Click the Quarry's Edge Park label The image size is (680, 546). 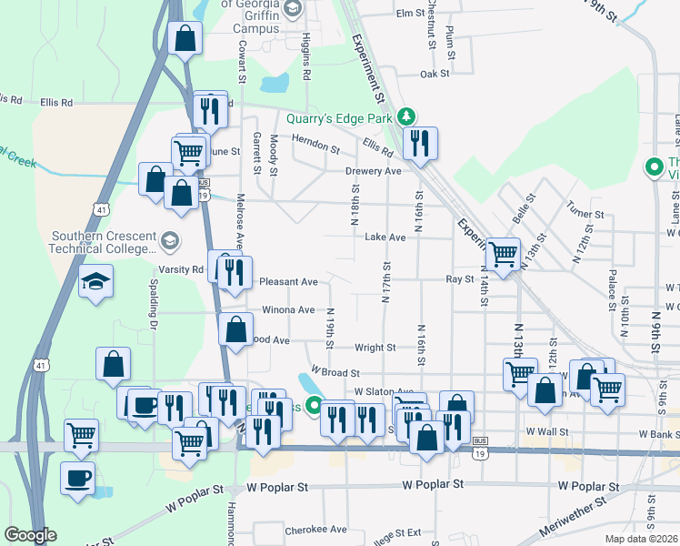pyautogui.click(x=338, y=117)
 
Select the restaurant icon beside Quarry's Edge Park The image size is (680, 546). pyautogui.click(x=420, y=143)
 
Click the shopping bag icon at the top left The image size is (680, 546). pyautogui.click(x=185, y=39)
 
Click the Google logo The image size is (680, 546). pyautogui.click(x=30, y=535)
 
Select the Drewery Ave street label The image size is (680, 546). pyautogui.click(x=373, y=171)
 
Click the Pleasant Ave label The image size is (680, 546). pyautogui.click(x=288, y=282)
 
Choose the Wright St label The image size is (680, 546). pyautogui.click(x=375, y=348)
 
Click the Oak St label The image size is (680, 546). pyautogui.click(x=435, y=74)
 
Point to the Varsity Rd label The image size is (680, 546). pyautogui.click(x=185, y=269)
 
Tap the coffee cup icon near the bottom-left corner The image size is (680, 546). pyautogui.click(x=79, y=477)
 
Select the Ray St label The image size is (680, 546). pyautogui.click(x=460, y=279)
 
